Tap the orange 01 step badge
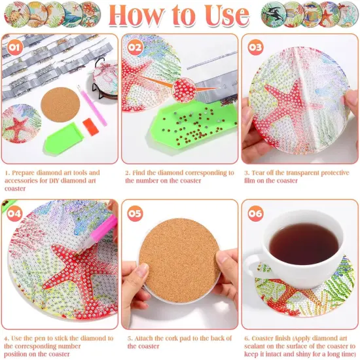(x=13, y=46)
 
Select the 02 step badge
(x=135, y=46)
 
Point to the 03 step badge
(x=255, y=46)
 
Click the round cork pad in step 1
(x=59, y=105)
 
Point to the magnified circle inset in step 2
(x=185, y=88)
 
